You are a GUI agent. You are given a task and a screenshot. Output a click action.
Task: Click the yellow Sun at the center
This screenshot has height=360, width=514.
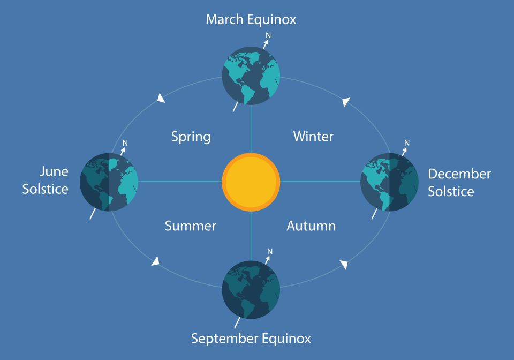tap(251, 182)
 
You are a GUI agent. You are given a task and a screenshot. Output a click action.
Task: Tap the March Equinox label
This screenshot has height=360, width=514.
tap(251, 20)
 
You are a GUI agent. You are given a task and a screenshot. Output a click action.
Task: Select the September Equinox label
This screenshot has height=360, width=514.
tap(251, 339)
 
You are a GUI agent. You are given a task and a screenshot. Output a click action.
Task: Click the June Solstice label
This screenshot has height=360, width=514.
tap(45, 181)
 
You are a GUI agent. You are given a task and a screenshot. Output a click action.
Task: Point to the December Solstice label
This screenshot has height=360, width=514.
tap(459, 183)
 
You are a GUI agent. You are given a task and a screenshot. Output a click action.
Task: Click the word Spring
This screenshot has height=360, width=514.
tap(191, 137)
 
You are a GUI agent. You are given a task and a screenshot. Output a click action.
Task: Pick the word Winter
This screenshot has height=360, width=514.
tap(313, 137)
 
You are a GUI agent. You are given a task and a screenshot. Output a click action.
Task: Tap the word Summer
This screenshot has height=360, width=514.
tap(190, 226)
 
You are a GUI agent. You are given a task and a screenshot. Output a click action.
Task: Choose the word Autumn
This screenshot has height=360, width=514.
tap(311, 226)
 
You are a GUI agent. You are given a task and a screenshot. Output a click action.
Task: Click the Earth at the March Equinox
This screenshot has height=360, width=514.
tap(251, 76)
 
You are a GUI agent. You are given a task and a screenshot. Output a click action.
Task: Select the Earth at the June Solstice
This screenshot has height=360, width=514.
tap(109, 182)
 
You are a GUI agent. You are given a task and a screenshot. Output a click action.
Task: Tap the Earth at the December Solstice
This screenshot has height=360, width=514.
tap(389, 182)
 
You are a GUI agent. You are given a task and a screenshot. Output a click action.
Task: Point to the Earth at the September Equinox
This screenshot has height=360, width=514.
tap(251, 290)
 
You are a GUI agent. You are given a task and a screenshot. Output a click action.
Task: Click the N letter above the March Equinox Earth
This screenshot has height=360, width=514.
tap(268, 35)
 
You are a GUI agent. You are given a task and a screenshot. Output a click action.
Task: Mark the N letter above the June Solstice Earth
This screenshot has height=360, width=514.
tap(125, 143)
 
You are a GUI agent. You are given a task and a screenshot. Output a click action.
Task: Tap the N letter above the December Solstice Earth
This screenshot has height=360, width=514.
tap(407, 143)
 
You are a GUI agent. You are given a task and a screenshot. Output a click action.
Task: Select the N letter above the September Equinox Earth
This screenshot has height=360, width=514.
tap(270, 251)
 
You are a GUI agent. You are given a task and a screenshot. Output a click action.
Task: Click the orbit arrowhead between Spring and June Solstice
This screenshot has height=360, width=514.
tap(161, 98)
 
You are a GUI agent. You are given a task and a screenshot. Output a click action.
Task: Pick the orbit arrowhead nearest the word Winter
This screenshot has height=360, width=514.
tap(346, 102)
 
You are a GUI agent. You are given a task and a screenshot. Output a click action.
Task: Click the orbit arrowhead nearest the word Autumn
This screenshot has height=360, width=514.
tap(344, 265)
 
